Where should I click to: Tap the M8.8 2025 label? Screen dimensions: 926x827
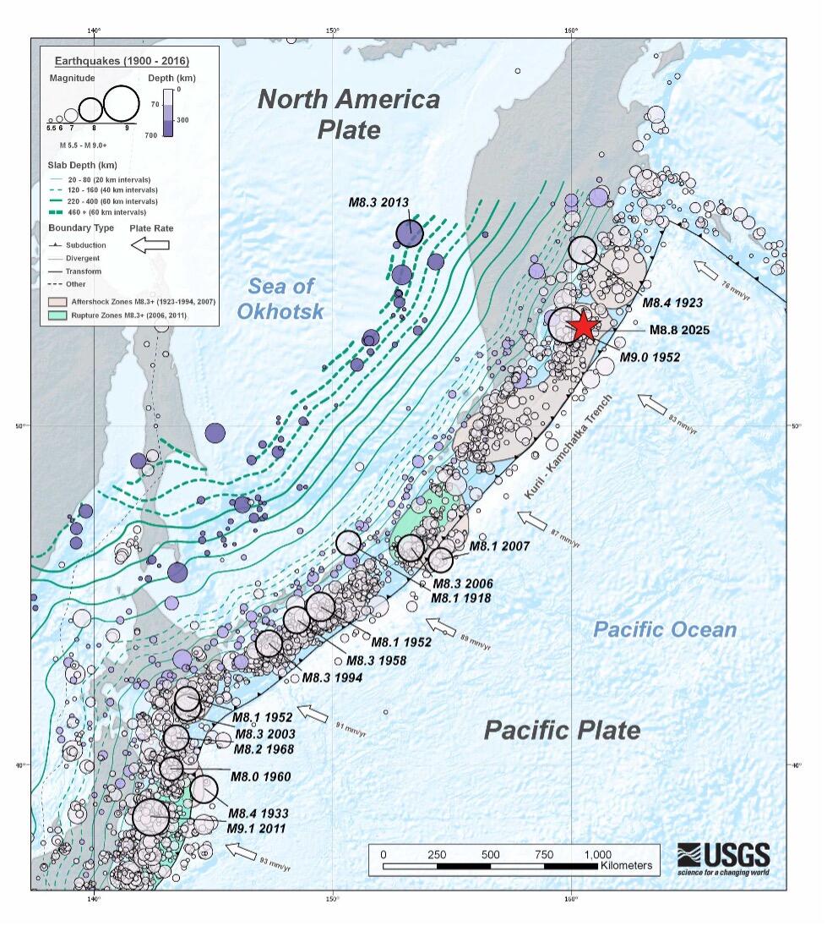684,331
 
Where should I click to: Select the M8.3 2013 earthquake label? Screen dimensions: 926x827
378,202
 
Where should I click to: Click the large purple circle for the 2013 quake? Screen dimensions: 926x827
410,233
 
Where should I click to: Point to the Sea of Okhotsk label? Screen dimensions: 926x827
280,297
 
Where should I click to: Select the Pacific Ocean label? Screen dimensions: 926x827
664,629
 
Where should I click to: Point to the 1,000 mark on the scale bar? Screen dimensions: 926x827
597,854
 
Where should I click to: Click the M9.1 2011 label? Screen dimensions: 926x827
256,828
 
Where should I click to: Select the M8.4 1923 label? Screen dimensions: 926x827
672,302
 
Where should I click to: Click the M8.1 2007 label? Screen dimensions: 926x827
500,546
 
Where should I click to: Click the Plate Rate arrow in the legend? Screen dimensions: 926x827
150,244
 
